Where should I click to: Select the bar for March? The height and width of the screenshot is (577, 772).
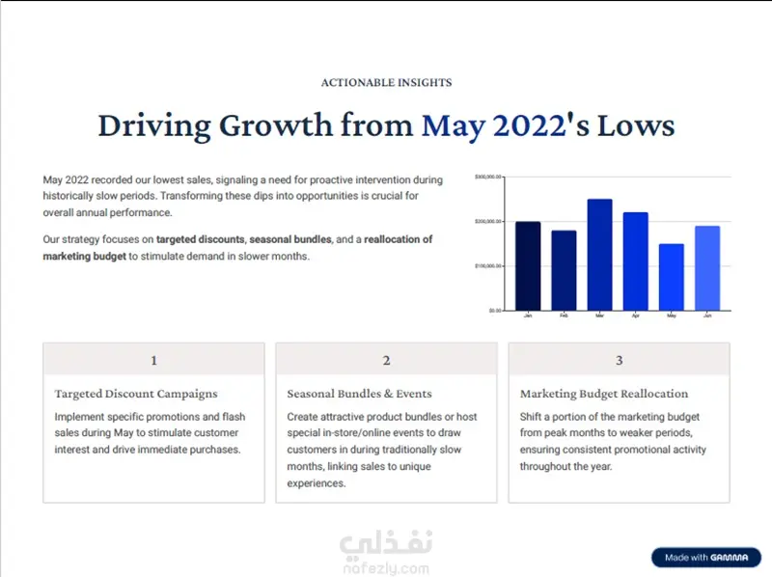[599, 255]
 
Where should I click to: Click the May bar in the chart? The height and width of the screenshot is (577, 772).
[672, 277]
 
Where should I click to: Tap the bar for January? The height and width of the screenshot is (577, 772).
[528, 266]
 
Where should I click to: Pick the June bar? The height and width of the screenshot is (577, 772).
[707, 268]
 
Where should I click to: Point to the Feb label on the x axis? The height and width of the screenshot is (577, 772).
[564, 316]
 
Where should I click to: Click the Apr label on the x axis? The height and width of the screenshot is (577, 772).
[635, 316]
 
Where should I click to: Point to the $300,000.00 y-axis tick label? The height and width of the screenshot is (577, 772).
[488, 178]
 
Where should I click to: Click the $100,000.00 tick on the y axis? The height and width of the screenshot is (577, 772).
[488, 266]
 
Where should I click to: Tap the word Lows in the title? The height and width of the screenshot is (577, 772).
[636, 126]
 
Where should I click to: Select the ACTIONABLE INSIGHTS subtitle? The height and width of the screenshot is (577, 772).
[386, 83]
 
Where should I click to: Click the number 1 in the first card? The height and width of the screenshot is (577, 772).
[153, 361]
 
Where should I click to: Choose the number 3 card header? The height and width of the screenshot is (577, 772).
[620, 361]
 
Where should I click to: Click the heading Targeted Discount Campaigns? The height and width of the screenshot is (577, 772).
[136, 394]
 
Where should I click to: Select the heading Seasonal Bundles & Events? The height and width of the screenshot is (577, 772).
[359, 394]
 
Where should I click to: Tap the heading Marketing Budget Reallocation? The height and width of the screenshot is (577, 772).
[604, 394]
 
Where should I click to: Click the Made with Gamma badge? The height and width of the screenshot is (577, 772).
[705, 558]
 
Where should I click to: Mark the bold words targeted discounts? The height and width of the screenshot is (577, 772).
[201, 239]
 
